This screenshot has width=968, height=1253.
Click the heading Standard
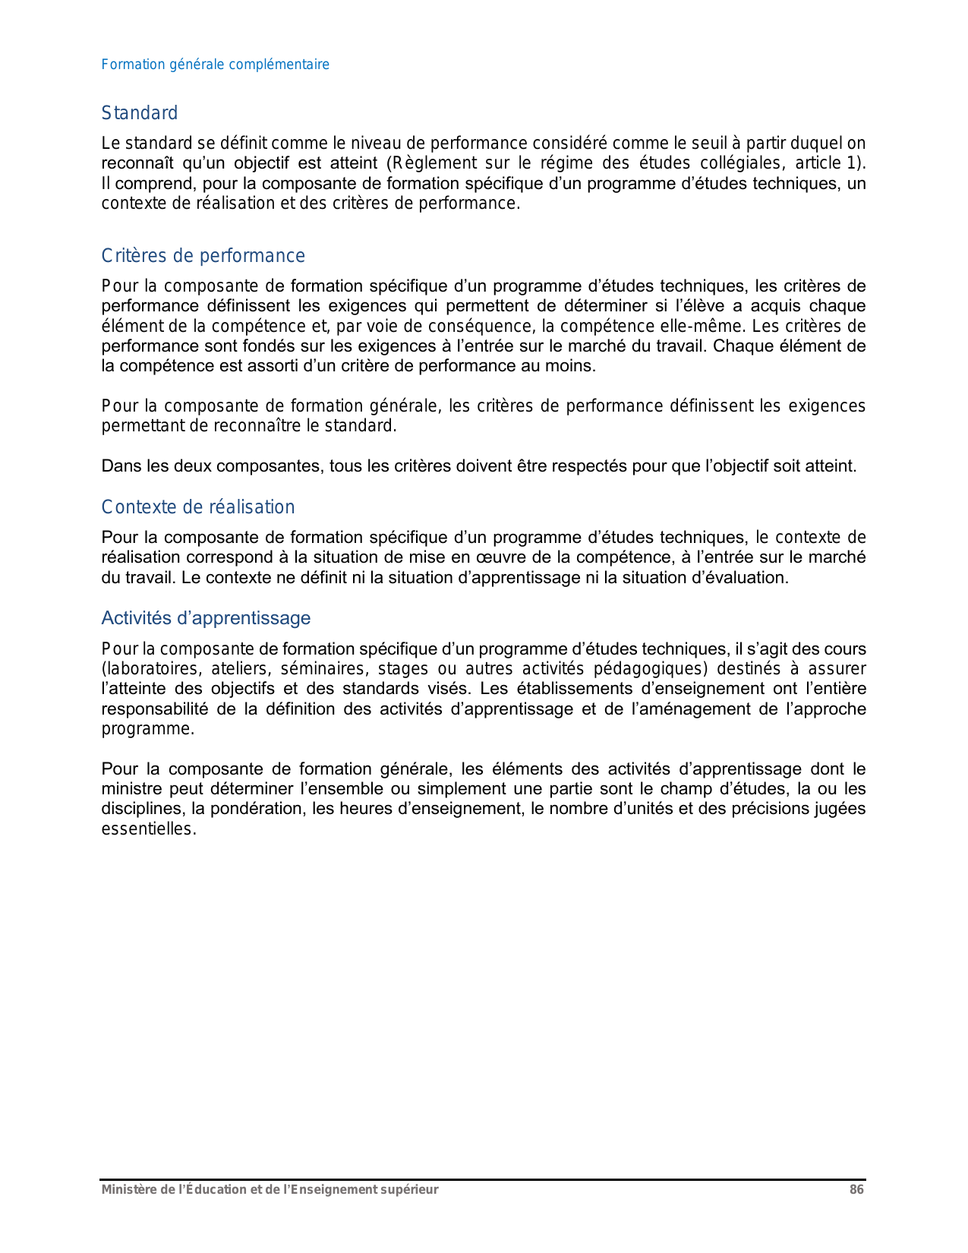[140, 113]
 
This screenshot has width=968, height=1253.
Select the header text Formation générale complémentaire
[215, 65]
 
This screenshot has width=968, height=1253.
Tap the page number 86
[856, 1190]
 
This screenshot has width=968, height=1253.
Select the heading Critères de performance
[203, 256]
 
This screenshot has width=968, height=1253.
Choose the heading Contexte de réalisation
[197, 507]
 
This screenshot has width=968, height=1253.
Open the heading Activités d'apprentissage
[206, 618]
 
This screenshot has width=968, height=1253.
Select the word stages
[402, 669]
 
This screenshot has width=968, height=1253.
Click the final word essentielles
[148, 829]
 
